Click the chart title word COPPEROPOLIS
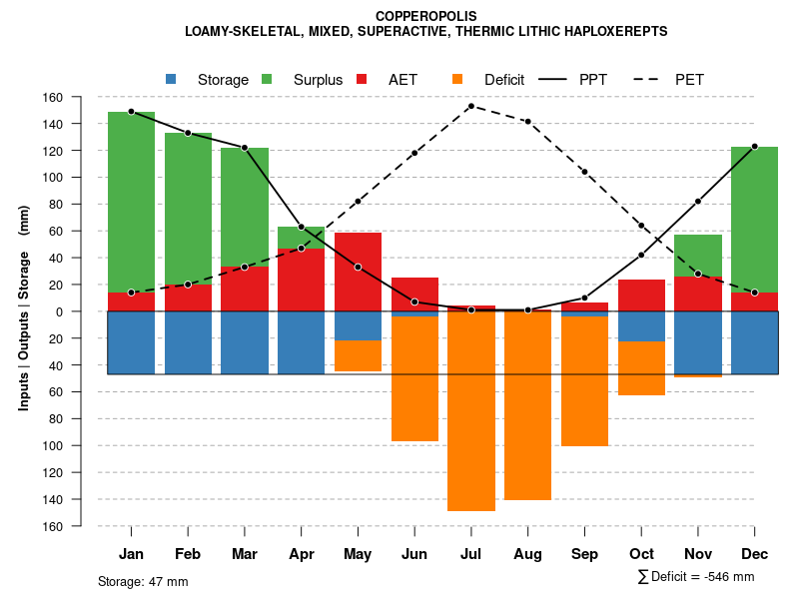pyautogui.click(x=426, y=16)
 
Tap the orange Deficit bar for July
pyautogui.click(x=471, y=409)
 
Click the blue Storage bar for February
pyautogui.click(x=188, y=342)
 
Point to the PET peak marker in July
pyautogui.click(x=470, y=106)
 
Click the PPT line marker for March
pyautogui.click(x=245, y=148)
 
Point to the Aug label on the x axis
pyautogui.click(x=527, y=554)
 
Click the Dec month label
pyautogui.click(x=754, y=554)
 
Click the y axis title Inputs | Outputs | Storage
pyautogui.click(x=24, y=315)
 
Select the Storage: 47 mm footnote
pyautogui.click(x=143, y=581)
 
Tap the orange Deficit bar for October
pyautogui.click(x=641, y=367)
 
